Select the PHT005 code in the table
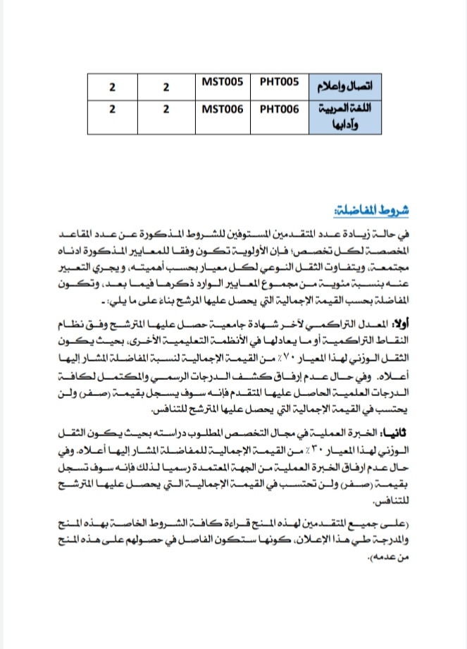pyautogui.click(x=280, y=82)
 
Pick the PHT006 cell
pyautogui.click(x=280, y=110)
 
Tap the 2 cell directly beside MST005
pyautogui.click(x=166, y=87)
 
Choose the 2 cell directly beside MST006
pyautogui.click(x=166, y=111)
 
